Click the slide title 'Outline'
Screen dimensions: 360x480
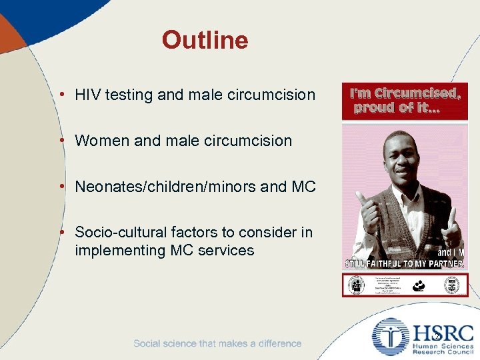tap(205, 41)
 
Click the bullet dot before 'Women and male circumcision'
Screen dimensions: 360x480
tap(61, 141)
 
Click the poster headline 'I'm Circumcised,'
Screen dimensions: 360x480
tap(405, 93)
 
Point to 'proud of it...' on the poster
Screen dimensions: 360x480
tap(397, 108)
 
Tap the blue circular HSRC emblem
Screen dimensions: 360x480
tap(391, 337)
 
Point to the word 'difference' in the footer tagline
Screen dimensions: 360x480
tap(275, 343)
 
